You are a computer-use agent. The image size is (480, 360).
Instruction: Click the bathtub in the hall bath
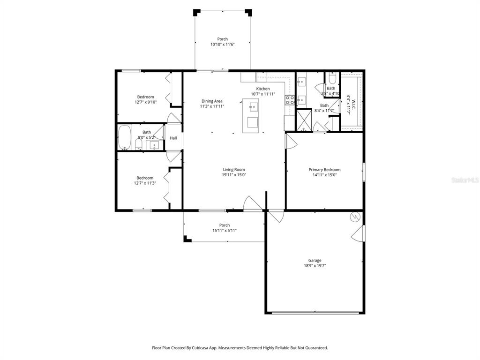point(125,137)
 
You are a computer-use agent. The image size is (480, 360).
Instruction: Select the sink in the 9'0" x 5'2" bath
point(154,145)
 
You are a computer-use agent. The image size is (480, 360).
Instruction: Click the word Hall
point(173,138)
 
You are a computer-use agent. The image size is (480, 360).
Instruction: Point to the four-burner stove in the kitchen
point(290,99)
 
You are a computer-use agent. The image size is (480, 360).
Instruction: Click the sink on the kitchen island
point(254,107)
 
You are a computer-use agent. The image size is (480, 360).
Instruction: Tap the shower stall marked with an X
point(304,120)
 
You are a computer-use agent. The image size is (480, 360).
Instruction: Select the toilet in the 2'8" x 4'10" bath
point(332,78)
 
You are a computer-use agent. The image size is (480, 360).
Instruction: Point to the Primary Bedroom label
point(324,170)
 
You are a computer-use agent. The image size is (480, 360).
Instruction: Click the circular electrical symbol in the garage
point(355,217)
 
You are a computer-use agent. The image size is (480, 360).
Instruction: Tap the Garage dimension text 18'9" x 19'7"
point(315,266)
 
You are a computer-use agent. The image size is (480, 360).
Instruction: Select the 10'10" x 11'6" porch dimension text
point(222,45)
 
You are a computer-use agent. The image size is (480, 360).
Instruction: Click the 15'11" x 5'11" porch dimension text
point(225,231)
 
